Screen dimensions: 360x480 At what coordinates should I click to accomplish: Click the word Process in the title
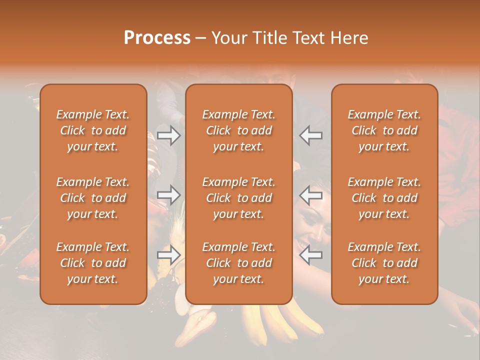point(157,38)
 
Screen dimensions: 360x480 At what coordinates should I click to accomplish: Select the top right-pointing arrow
point(168,135)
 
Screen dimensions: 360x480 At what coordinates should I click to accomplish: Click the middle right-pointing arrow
point(168,195)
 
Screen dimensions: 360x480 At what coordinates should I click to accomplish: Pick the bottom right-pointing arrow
point(168,255)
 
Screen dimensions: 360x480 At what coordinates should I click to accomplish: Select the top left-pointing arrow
point(311,135)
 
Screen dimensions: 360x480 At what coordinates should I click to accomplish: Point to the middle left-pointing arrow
point(311,195)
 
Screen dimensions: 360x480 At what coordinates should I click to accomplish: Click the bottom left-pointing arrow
point(311,255)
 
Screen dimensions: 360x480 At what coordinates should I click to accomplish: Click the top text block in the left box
point(93,130)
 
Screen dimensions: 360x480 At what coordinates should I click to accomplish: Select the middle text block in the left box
point(93,198)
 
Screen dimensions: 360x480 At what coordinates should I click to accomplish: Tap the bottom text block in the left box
point(93,263)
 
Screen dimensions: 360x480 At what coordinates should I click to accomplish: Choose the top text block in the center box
point(238,130)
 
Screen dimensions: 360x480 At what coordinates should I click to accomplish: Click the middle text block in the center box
point(238,198)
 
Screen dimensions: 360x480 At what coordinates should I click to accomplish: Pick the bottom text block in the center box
point(238,263)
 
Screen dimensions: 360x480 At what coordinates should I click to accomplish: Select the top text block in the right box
point(384,130)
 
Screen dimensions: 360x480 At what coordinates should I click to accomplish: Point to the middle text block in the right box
point(384,198)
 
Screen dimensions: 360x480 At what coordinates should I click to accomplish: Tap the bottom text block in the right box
point(384,263)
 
